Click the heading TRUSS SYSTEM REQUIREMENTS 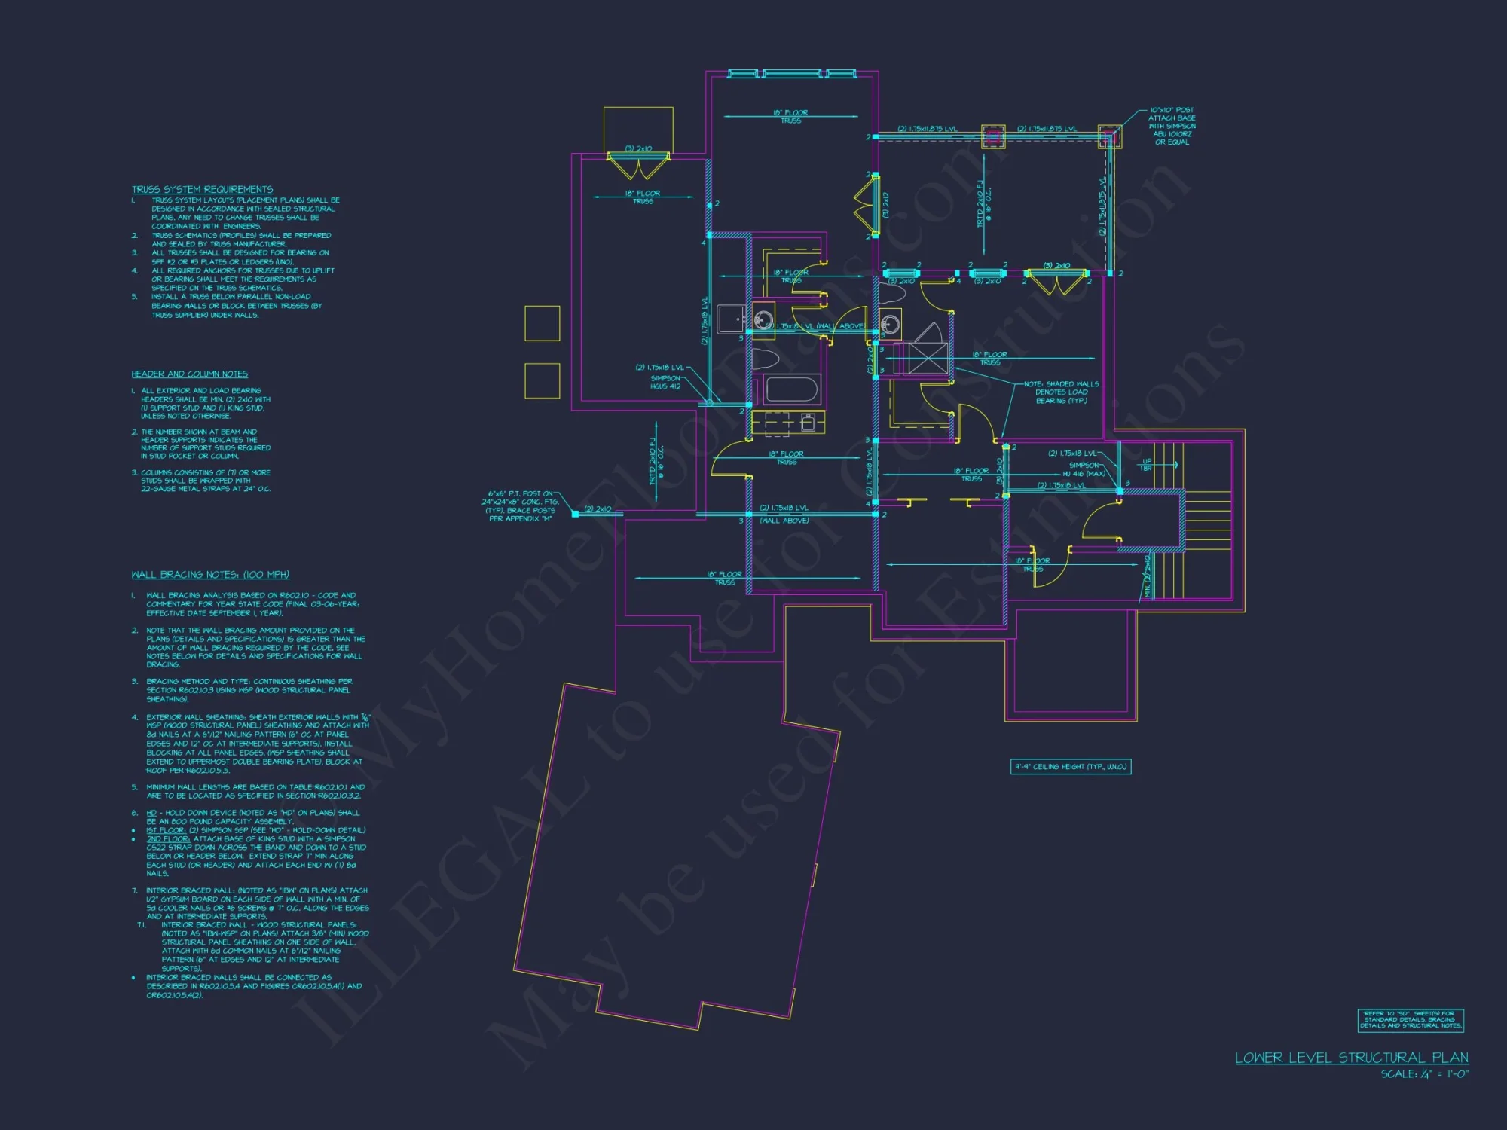[202, 189]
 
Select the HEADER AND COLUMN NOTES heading [189, 374]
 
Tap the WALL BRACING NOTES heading [210, 575]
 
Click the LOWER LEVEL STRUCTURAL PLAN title [1351, 1058]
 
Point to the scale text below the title [1424, 1074]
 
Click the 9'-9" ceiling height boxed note [1070, 767]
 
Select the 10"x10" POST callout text [1172, 126]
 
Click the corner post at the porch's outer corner [1109, 136]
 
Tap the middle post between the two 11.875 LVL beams [992, 136]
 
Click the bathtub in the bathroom [791, 390]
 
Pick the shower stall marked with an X [928, 358]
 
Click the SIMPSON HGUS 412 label [665, 383]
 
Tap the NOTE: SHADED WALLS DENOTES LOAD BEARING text [1061, 392]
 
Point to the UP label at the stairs [1147, 461]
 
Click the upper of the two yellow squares [543, 323]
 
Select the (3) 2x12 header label [886, 205]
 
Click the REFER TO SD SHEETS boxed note [1411, 1020]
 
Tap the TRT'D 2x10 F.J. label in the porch [983, 203]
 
